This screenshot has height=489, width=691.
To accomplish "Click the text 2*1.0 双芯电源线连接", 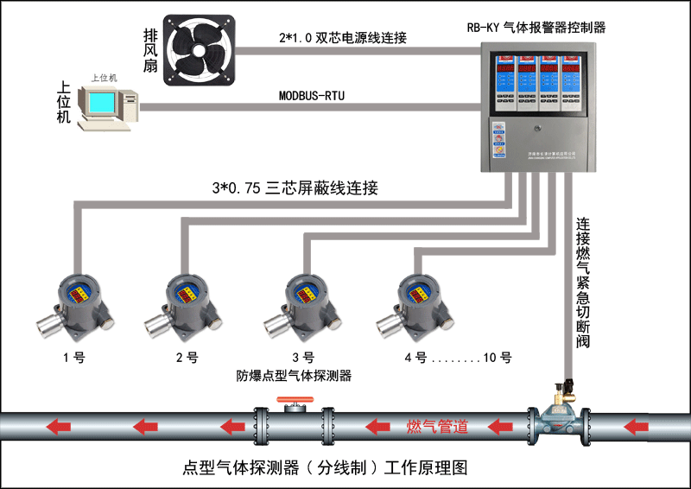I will coord(343,38).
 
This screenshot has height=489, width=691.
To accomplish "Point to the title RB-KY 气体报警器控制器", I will coord(536,28).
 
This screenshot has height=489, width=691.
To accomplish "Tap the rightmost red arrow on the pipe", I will coord(637,426).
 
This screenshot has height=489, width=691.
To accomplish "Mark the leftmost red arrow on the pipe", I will coord(58,426).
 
